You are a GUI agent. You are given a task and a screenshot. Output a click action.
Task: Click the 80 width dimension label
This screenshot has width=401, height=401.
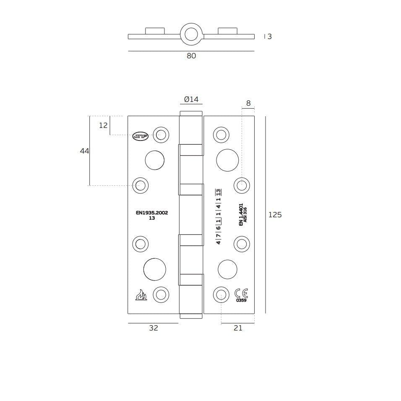pos(191,56)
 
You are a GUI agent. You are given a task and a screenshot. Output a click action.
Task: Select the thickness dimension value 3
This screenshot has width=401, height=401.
pos(270,36)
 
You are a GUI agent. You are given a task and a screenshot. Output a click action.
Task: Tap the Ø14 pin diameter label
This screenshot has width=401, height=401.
pos(191,99)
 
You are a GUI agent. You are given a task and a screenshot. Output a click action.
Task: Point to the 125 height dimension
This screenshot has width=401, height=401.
pos(275,215)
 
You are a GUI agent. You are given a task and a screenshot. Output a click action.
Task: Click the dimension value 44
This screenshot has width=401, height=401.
pos(85,151)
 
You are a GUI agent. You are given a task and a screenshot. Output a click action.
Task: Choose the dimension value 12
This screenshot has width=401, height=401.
pos(103,125)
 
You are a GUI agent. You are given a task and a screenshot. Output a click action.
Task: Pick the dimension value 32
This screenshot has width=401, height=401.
pos(154,328)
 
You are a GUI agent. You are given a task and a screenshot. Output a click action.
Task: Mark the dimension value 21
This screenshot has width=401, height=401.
pos(238,328)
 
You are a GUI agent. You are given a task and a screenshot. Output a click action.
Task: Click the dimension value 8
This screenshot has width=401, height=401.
pos(248,103)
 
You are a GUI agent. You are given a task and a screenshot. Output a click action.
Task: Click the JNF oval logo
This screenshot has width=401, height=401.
pos(141,136)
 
